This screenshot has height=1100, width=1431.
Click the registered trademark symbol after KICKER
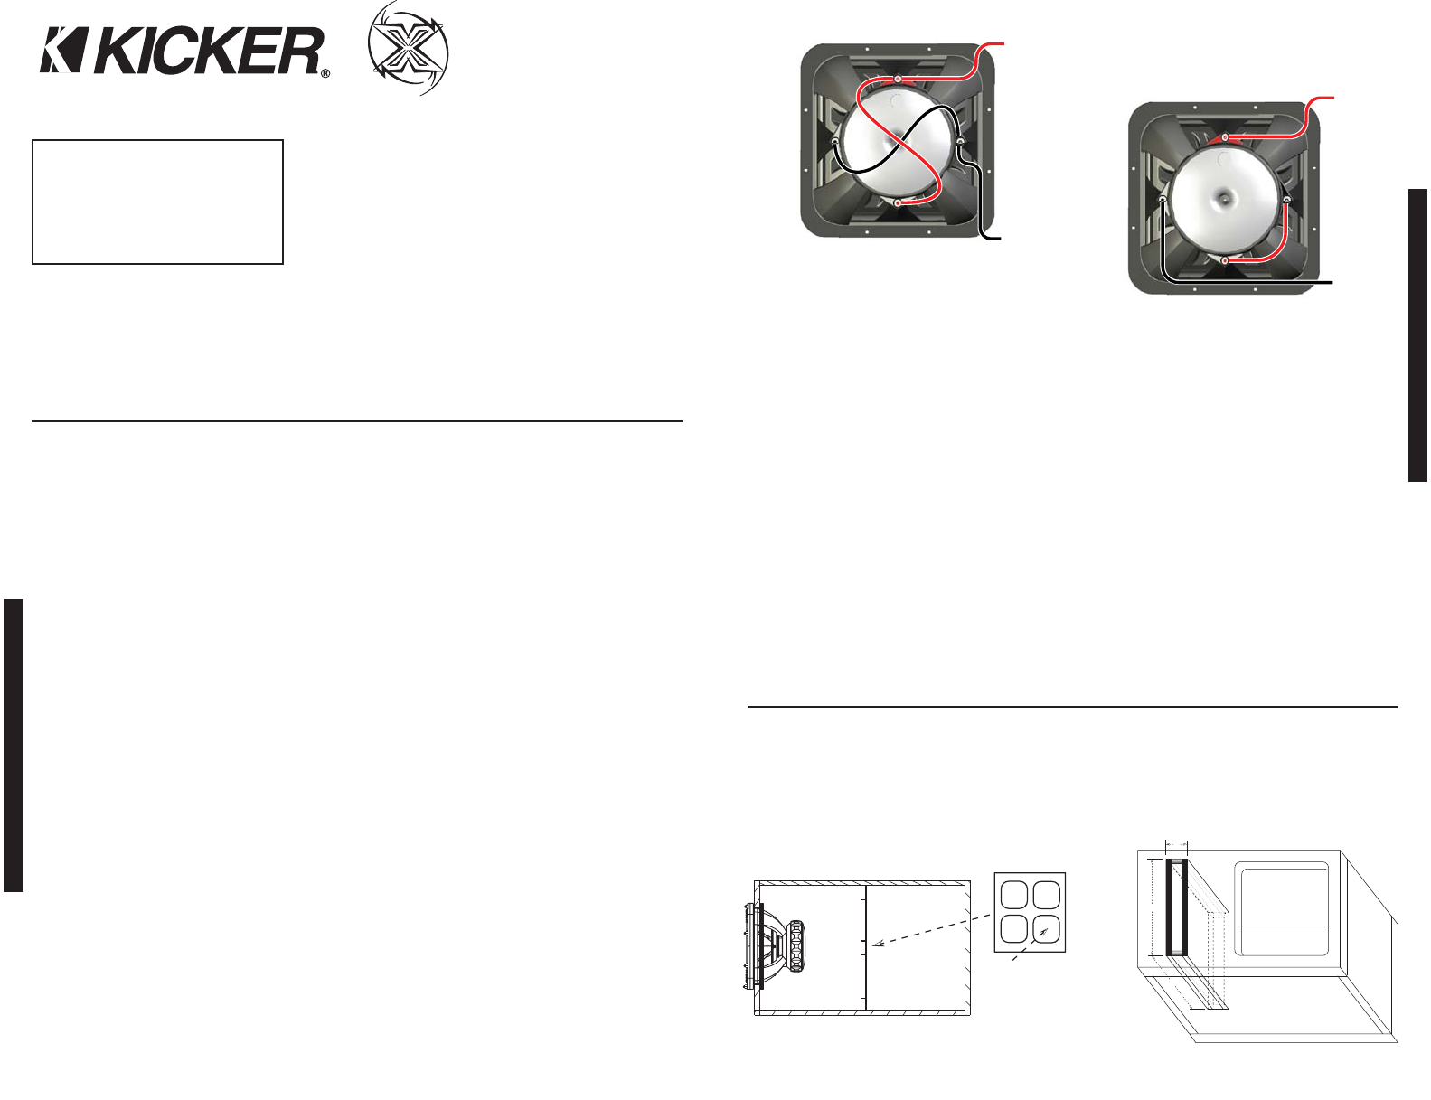coord(325,73)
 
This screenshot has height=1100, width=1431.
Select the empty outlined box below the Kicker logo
coord(157,202)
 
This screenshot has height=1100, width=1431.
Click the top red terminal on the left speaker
coord(898,80)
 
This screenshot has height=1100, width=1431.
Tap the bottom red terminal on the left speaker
coord(897,203)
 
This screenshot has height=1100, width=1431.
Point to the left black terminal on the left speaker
coord(836,141)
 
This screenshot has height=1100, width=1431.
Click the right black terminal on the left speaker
coord(960,141)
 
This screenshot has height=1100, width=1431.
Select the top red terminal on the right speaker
coord(1225,137)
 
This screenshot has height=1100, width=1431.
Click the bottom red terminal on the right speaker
coord(1225,260)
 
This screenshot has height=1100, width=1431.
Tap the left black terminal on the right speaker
coord(1163,199)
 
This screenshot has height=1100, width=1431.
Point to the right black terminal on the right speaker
coord(1285,198)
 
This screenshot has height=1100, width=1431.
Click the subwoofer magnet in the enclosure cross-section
coord(796,945)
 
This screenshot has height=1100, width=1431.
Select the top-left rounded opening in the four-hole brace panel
coord(1013,895)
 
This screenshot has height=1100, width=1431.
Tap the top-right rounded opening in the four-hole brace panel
coord(1047,895)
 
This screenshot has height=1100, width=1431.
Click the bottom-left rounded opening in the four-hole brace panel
coord(1013,928)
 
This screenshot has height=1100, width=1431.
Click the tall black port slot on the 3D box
coord(1174,907)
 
